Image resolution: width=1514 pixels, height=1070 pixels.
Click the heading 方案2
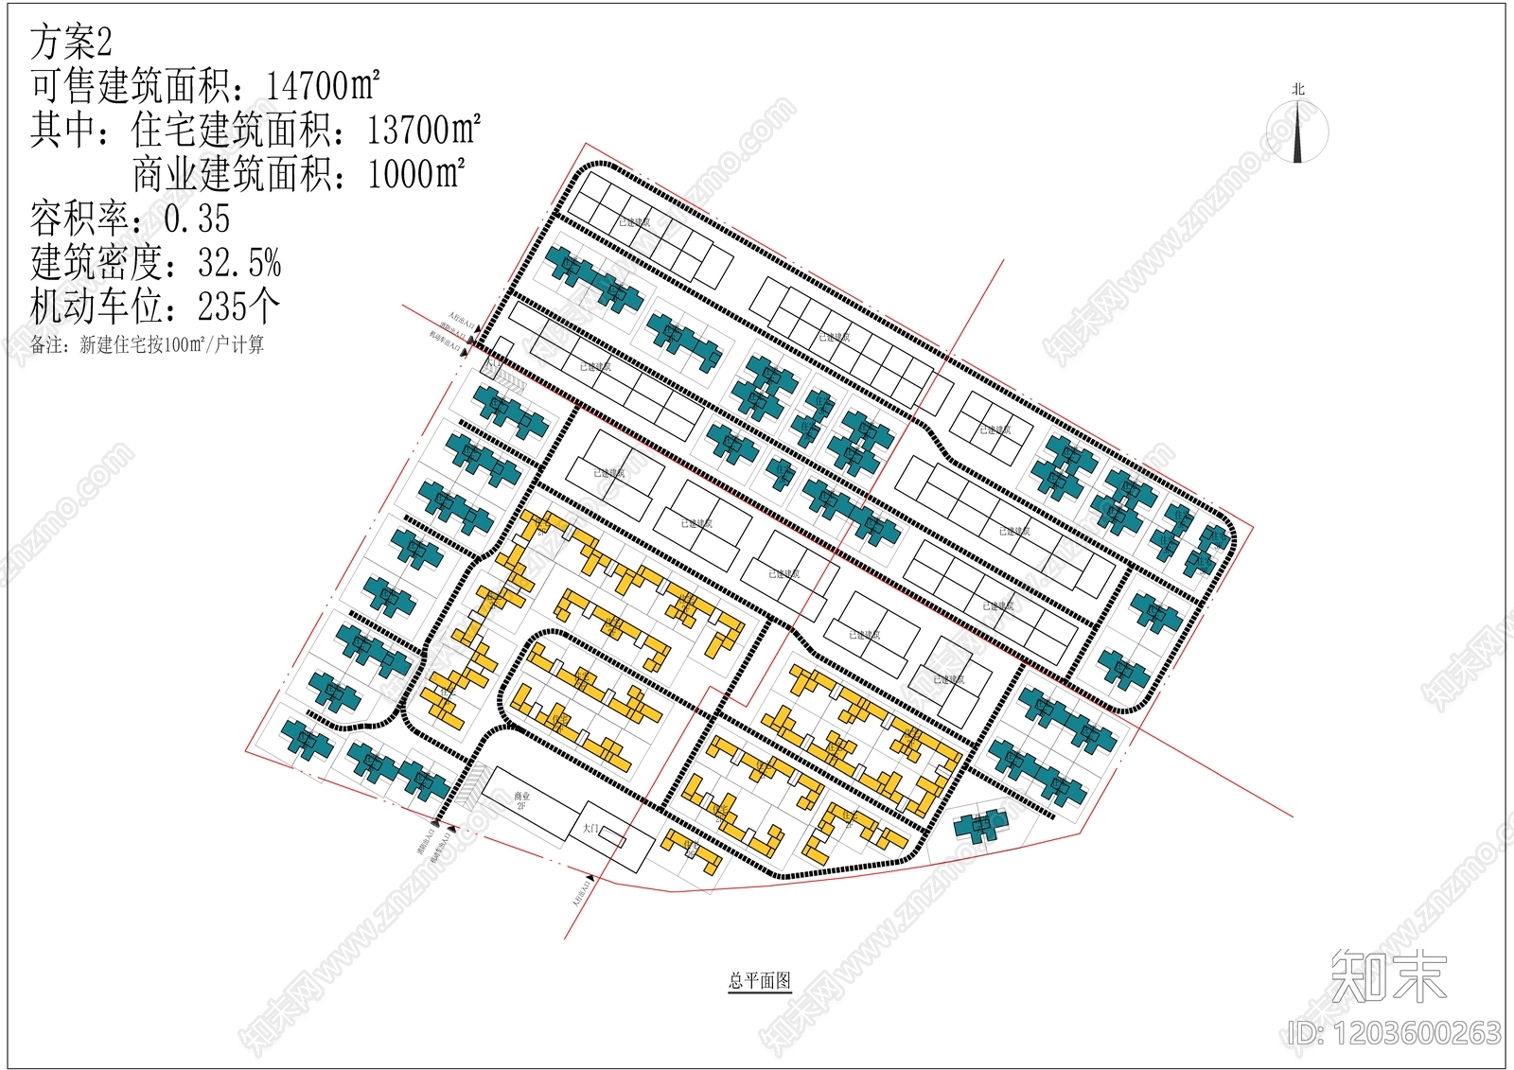tap(71, 43)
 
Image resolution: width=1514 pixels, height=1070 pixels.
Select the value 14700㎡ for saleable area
tap(322, 86)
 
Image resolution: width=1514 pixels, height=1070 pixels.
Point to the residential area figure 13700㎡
tap(423, 130)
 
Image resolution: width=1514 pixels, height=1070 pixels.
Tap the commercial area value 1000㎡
tap(415, 174)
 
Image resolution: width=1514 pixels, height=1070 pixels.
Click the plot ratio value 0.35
tap(197, 219)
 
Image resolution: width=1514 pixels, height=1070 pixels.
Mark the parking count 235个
tap(238, 307)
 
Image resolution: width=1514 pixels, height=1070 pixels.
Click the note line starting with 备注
tap(147, 345)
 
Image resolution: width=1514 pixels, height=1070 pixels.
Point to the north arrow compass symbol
tap(1298, 132)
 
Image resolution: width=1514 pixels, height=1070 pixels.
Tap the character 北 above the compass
tap(1298, 89)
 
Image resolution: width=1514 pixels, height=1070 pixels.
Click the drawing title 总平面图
tap(759, 981)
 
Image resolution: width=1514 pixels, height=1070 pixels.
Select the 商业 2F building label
tap(521, 800)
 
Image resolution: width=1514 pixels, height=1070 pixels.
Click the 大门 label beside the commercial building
tap(591, 829)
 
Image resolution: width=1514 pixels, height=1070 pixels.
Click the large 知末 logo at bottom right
tap(1388, 976)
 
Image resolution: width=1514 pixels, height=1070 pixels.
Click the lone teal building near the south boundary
tap(981, 826)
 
